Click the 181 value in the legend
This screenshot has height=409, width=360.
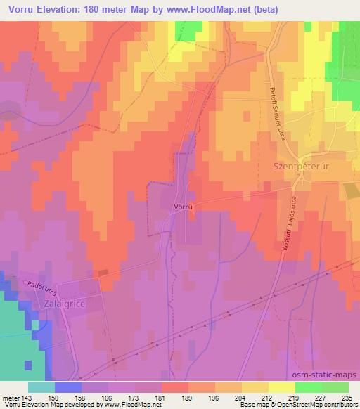coord(161,397)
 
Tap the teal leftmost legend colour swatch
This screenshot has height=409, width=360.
coord(41,387)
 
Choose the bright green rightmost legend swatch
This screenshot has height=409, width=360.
coord(335,387)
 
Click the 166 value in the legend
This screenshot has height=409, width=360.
coord(108,397)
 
